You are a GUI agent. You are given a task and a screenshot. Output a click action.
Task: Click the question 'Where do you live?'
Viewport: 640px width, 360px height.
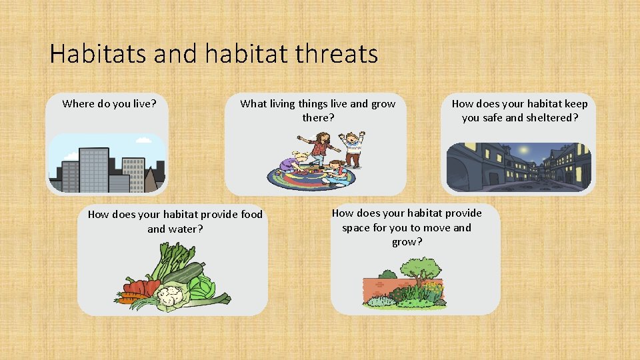[109, 104]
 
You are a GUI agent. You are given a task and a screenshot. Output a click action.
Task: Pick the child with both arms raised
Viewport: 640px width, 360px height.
[352, 148]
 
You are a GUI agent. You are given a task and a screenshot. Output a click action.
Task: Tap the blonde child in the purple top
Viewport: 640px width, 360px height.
[295, 163]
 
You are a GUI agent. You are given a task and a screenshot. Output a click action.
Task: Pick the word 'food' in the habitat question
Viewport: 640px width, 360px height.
[249, 215]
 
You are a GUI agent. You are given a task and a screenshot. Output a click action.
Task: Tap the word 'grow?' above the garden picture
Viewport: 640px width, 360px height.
[407, 242]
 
